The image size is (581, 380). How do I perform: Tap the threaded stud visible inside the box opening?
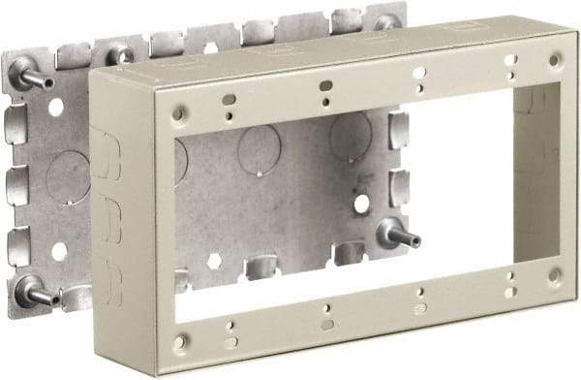tap(396, 233)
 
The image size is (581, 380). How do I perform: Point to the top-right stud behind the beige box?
tap(386, 21)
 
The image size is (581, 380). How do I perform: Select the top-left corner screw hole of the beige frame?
tap(177, 113)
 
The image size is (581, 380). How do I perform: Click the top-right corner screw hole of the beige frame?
tap(554, 59)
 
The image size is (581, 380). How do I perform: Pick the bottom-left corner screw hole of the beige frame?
tap(181, 341)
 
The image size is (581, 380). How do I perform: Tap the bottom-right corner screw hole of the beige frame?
tap(554, 274)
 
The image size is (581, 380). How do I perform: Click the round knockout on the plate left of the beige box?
tap(68, 178)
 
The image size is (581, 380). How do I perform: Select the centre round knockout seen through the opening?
tap(260, 148)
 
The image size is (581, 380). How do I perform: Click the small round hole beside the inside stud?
tap(361, 204)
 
